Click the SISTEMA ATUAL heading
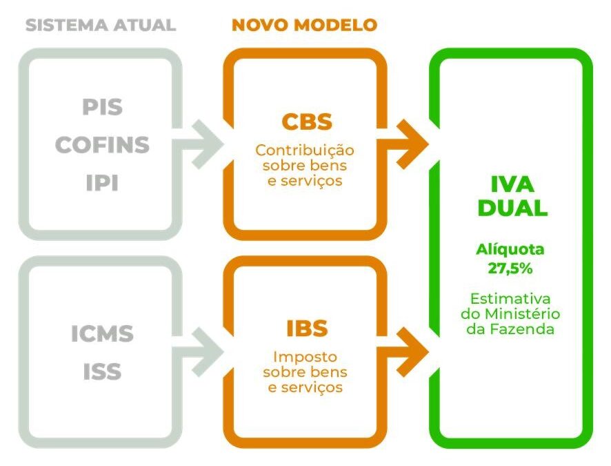[101, 26]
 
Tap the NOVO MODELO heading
[304, 26]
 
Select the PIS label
[102, 107]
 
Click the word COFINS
[102, 145]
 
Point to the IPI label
[102, 183]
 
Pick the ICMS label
[102, 334]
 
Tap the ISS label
[102, 371]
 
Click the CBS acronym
[307, 122]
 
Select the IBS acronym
[307, 329]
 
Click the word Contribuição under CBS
[305, 151]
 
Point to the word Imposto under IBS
[305, 357]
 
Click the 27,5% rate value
[510, 269]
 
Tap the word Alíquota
[510, 250]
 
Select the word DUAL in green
[512, 208]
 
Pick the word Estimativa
[510, 299]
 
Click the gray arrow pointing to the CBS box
[197, 144]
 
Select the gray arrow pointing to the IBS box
[197, 352]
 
